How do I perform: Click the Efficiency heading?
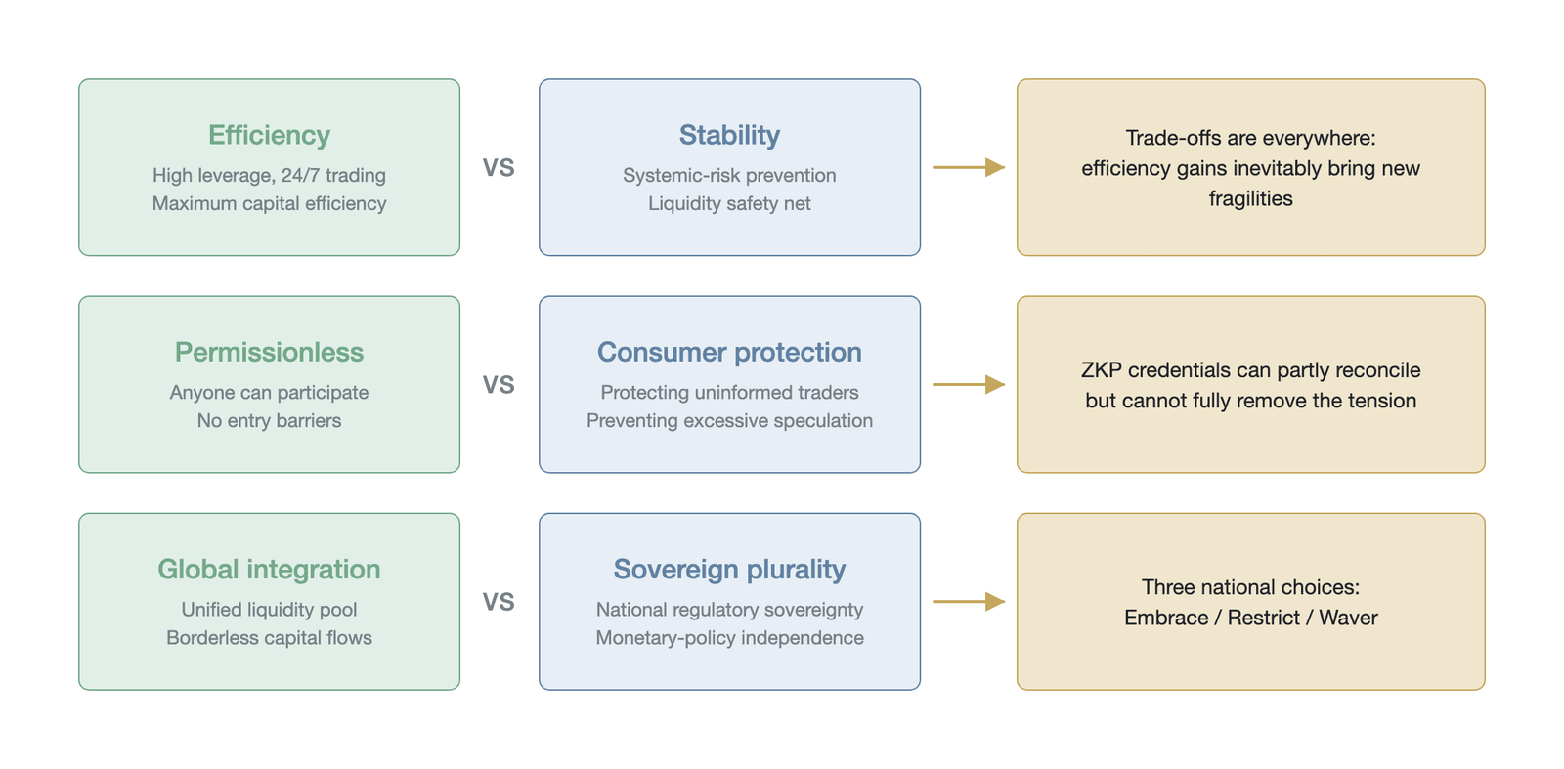[x=269, y=136]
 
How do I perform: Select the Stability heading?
[x=729, y=136]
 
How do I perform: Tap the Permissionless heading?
[x=269, y=352]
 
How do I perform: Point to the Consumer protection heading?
[x=729, y=353]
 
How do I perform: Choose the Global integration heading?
[x=269, y=570]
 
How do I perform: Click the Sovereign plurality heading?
[x=729, y=570]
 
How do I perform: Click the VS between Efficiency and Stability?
[x=499, y=167]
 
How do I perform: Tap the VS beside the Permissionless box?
[x=499, y=385]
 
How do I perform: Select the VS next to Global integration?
[x=499, y=602]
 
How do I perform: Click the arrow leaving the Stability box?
[x=969, y=167]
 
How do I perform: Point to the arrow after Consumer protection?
[x=969, y=385]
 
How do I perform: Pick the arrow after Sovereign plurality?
[x=969, y=602]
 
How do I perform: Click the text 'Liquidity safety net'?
[x=729, y=204]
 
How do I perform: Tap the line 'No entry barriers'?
[x=269, y=421]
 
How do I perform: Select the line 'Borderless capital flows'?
[x=269, y=638]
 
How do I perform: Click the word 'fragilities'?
[x=1250, y=199]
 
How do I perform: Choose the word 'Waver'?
[x=1348, y=618]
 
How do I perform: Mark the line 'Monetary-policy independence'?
[x=729, y=638]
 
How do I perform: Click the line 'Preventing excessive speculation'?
[x=729, y=421]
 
